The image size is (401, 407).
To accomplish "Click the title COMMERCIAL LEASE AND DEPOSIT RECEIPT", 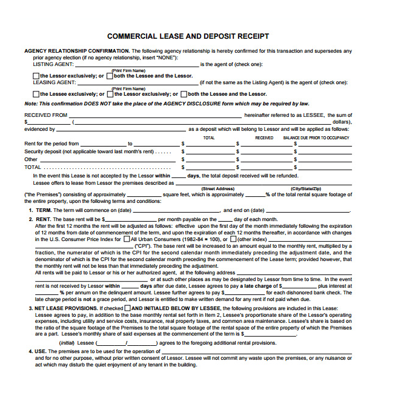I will (x=188, y=36).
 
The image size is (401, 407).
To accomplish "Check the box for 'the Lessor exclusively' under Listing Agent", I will (x=36, y=76).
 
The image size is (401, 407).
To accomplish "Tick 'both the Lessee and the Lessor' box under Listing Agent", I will (x=109, y=76).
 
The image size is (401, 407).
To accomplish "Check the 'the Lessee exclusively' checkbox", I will (x=36, y=94).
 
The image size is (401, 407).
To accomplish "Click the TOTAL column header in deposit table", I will (x=209, y=138).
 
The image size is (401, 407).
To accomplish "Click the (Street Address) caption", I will (x=217, y=189).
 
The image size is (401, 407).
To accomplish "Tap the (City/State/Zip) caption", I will (x=305, y=189).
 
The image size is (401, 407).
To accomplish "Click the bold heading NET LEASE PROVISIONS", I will (x=66, y=308).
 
